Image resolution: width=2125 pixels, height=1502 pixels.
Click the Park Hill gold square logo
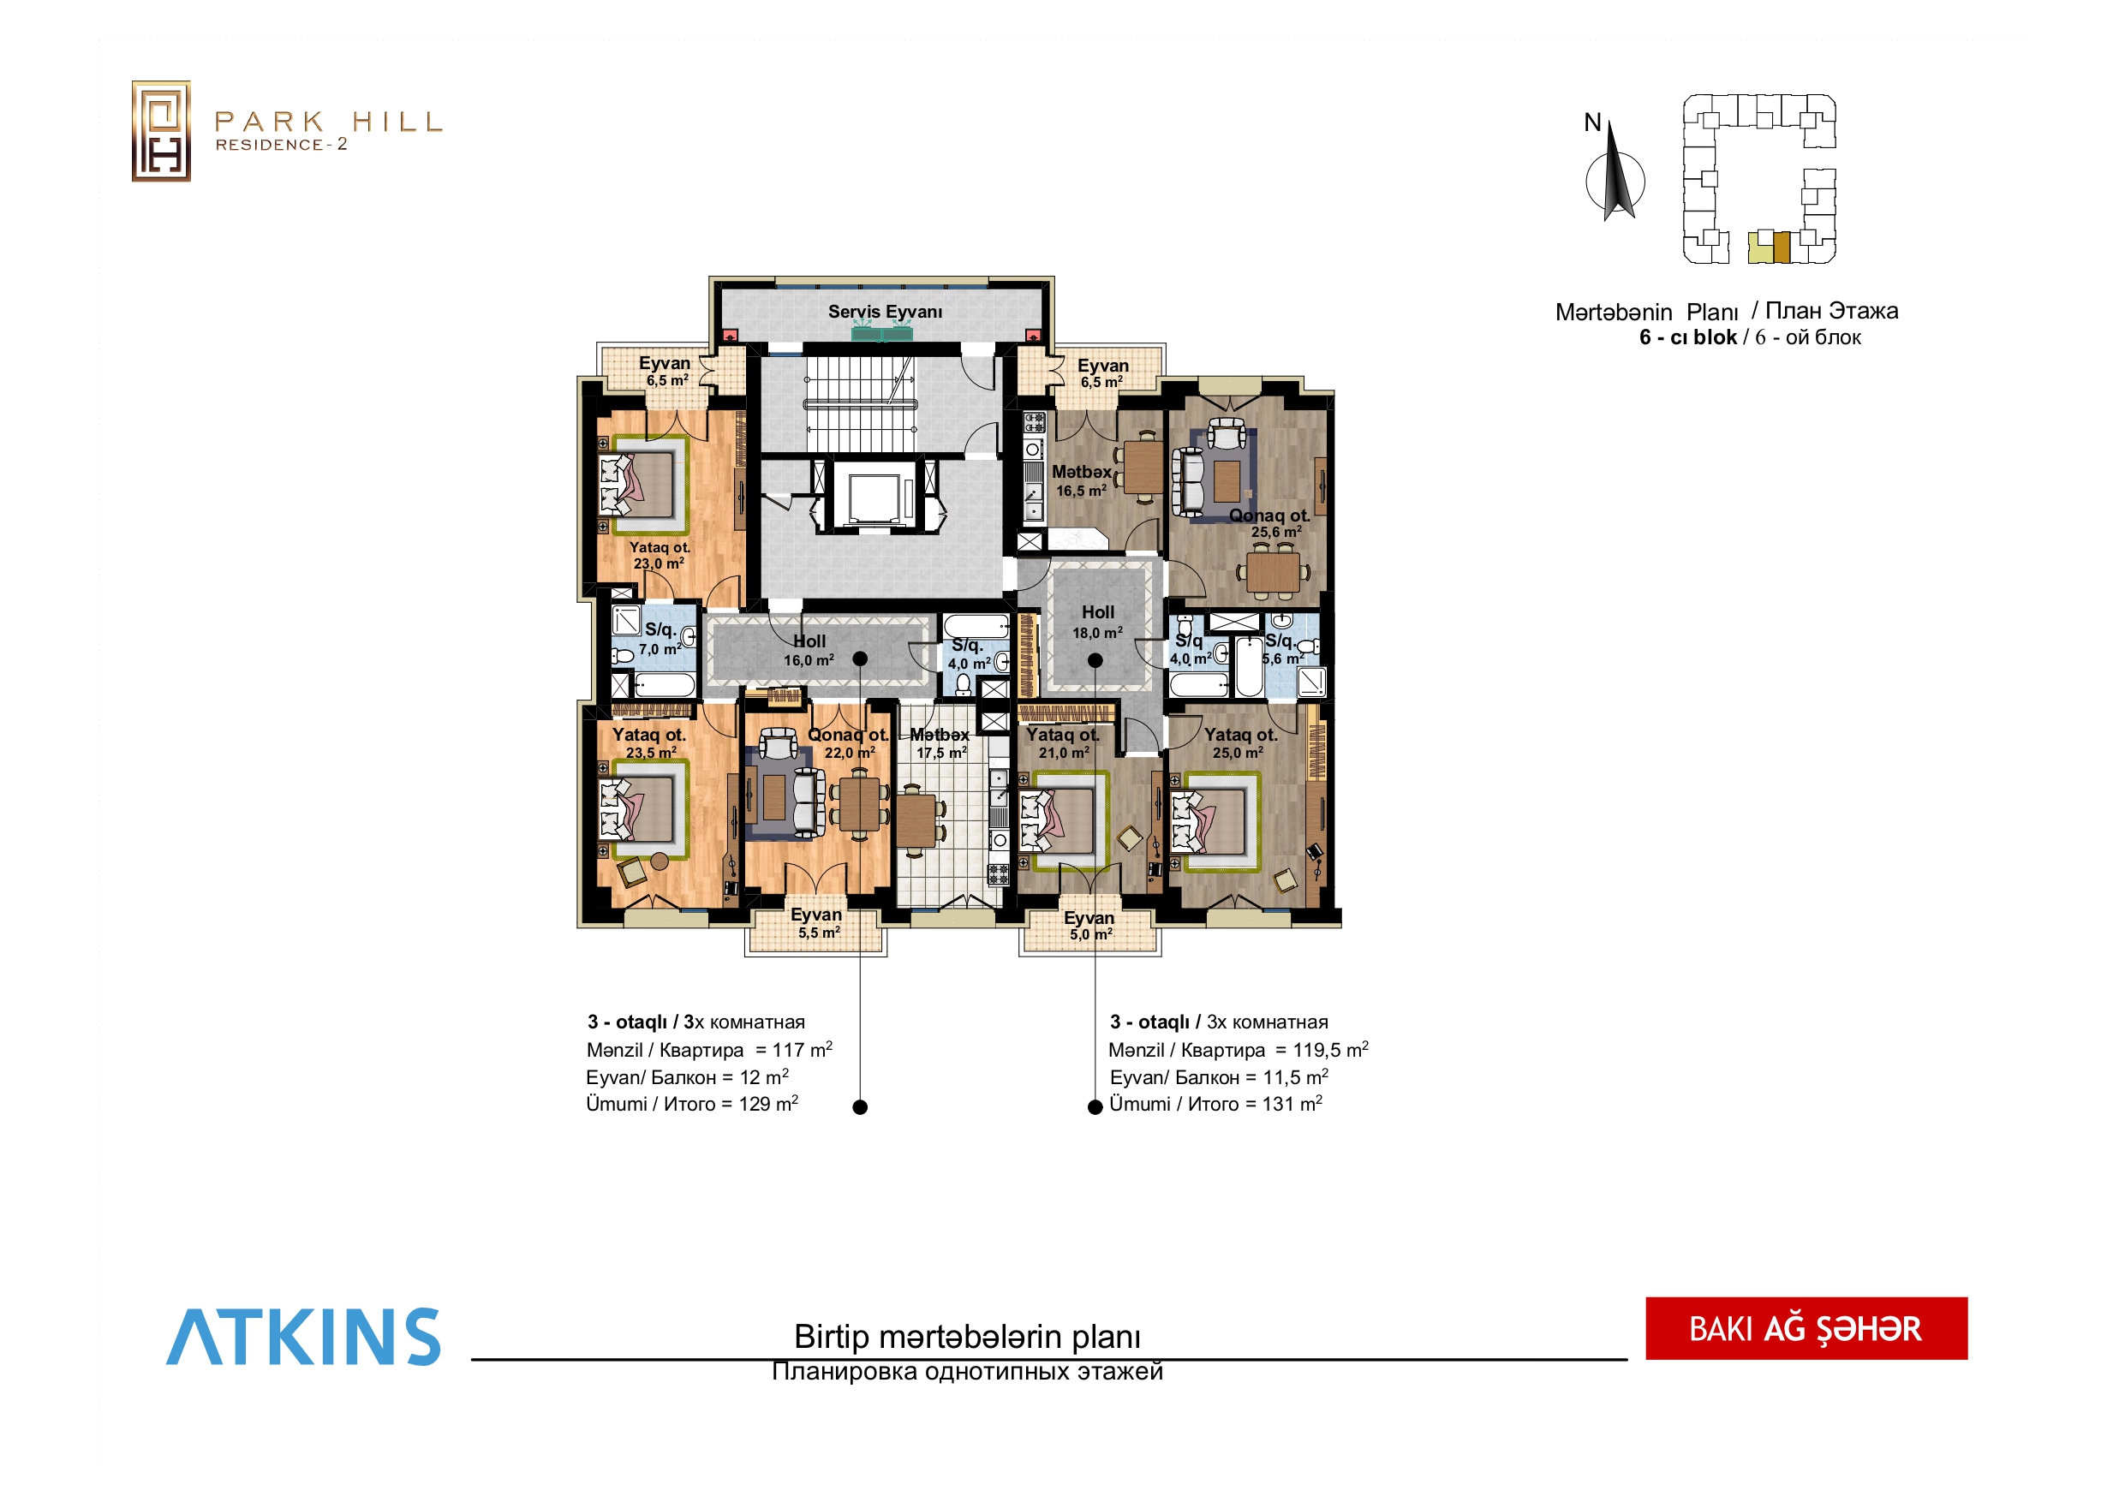click(161, 130)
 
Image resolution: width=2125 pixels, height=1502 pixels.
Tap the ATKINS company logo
click(303, 1337)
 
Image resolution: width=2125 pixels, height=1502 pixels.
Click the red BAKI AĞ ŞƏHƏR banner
click(1806, 1328)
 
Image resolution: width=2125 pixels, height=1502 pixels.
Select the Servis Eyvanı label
click(885, 312)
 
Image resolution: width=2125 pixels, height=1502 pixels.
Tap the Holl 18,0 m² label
click(1098, 622)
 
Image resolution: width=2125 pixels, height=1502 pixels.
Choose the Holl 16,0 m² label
click(809, 650)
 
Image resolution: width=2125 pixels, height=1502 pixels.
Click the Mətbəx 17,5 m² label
click(940, 743)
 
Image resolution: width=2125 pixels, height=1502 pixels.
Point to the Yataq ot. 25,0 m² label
click(1240, 743)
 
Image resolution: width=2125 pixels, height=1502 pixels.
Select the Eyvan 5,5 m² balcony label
click(817, 922)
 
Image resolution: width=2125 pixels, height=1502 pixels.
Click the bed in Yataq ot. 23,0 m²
click(642, 484)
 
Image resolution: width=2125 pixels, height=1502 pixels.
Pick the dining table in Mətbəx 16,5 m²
click(1144, 468)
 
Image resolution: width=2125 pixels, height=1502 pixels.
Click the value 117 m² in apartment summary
click(803, 1050)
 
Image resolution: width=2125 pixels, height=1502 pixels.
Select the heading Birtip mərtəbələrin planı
click(967, 1337)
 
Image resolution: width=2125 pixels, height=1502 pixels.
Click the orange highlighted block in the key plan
click(1782, 248)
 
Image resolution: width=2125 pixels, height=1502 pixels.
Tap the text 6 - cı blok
click(1688, 337)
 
